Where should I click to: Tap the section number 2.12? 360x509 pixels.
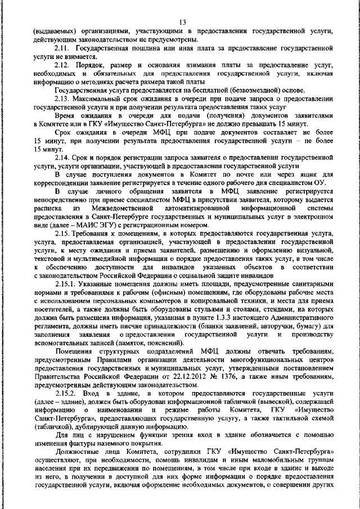coord(64,66)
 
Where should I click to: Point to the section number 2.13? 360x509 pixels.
coord(64,98)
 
